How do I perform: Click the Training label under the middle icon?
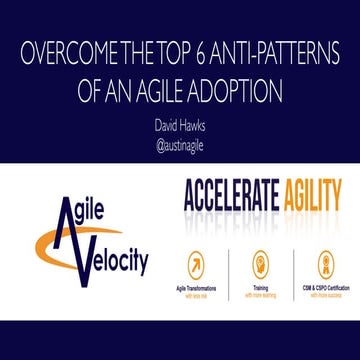(x=262, y=287)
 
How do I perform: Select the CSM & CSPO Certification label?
(x=324, y=287)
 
